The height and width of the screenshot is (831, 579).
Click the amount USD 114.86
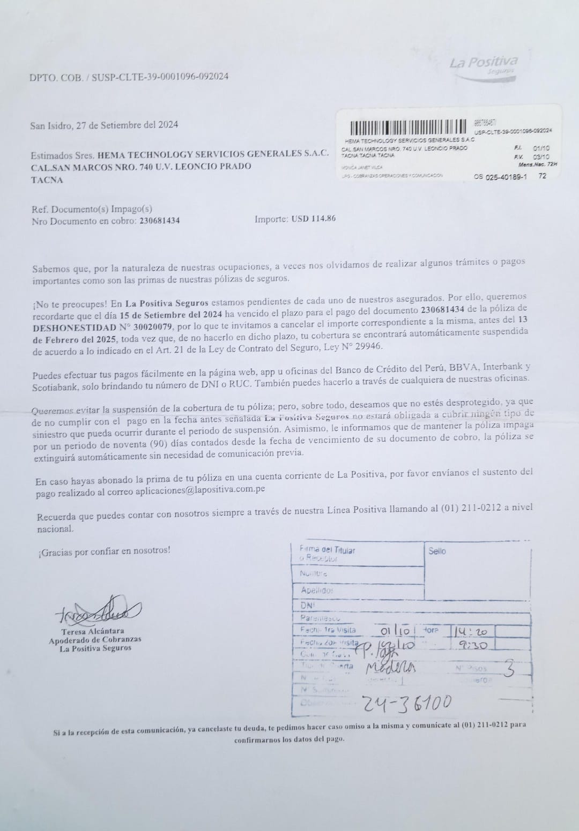[x=314, y=218]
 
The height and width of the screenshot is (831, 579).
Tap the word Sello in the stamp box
[x=437, y=551]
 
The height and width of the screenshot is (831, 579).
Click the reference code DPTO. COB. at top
[x=56, y=77]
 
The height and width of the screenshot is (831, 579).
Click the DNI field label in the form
[x=307, y=604]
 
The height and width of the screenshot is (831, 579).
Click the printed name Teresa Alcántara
[x=93, y=631]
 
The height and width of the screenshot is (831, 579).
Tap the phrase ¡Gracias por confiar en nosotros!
[x=104, y=550]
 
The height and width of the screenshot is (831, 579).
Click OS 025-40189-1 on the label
[x=501, y=176]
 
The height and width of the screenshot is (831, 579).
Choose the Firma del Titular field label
[x=327, y=550]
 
